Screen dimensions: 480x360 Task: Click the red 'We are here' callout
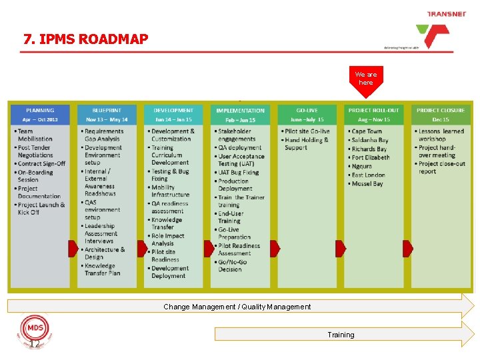[x=365, y=79]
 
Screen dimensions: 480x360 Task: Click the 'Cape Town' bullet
[x=366, y=131]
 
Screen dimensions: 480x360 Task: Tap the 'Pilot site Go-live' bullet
[x=307, y=131]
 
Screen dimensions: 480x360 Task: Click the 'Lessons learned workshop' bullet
[x=441, y=135]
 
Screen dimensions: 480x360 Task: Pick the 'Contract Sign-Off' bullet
[x=41, y=163]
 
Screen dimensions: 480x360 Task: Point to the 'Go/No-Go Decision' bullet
[x=233, y=265]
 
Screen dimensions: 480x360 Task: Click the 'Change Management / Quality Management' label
[x=237, y=307]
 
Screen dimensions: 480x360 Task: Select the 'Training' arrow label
[x=341, y=335]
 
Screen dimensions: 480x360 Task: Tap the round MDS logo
[x=33, y=329]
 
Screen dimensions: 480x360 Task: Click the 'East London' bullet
[x=369, y=175]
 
